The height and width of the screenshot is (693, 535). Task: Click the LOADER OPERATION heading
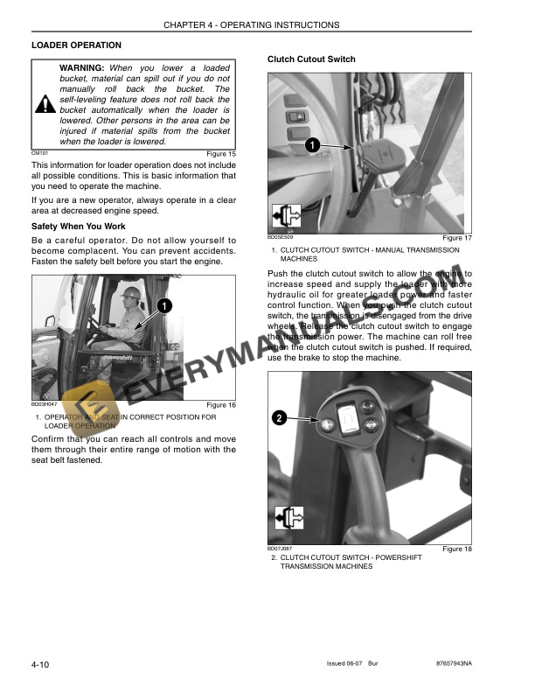tap(76, 45)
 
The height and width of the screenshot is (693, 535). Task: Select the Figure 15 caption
tap(220, 154)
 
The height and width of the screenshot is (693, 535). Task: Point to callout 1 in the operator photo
tap(164, 305)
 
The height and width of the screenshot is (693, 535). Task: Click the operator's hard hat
tap(132, 291)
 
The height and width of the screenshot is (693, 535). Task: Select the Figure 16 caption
tap(220, 405)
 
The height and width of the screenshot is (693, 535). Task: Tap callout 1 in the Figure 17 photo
tap(312, 144)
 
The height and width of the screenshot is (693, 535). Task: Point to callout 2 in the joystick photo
tap(279, 418)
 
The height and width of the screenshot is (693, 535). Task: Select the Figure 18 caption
tap(456, 549)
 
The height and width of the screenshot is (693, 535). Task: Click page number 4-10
tap(39, 666)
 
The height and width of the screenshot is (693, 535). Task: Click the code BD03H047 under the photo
tap(45, 403)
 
